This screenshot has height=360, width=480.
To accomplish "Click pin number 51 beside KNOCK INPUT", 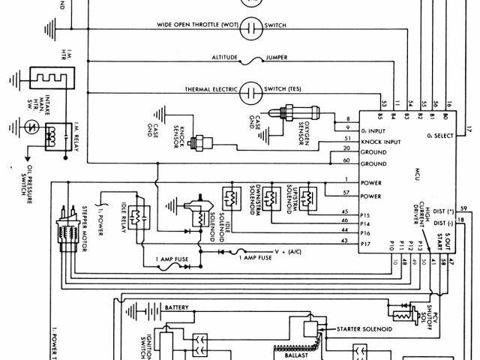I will point(347,139).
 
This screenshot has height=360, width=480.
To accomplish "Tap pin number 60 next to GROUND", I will point(347,160).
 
